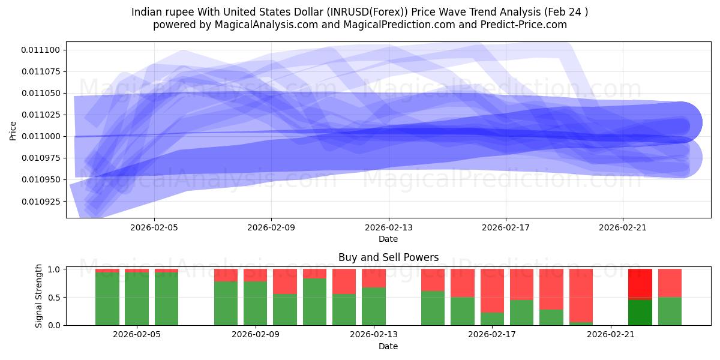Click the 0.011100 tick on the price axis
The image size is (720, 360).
pos(41,50)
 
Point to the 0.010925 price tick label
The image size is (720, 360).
pos(41,201)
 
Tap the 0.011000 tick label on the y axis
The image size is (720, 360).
pos(41,136)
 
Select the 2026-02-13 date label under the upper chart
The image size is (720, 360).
pos(388,227)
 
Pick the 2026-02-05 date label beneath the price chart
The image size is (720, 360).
pos(154,227)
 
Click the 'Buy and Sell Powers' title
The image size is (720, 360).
pos(388,257)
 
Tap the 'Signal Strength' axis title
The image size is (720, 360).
pos(39,295)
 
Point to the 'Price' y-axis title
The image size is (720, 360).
pos(13,130)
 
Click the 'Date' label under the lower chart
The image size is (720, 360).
pos(388,346)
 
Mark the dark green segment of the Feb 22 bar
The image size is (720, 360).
pos(640,312)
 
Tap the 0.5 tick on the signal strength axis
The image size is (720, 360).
pos(57,298)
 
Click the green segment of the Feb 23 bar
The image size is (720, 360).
pos(670,311)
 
